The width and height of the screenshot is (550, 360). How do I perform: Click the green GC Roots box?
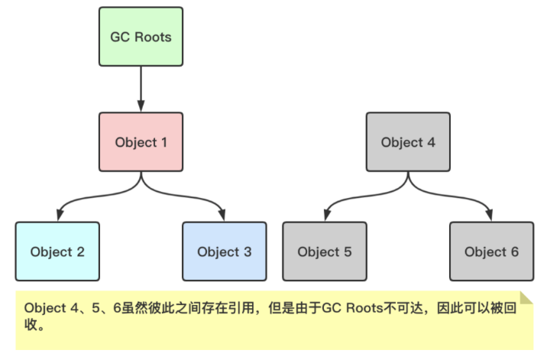pos(141,37)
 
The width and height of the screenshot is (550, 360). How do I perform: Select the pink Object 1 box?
pos(141,142)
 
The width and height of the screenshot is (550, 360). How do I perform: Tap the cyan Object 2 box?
pos(57,251)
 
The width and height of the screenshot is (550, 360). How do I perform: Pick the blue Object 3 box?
pos(224,251)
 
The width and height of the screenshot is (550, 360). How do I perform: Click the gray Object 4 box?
pos(408,142)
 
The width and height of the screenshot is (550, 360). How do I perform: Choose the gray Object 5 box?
pos(325,251)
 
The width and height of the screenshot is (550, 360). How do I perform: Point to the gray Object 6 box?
pos(491,251)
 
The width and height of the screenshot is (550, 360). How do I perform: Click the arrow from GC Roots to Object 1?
pos(141,89)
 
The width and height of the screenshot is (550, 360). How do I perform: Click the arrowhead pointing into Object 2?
pos(58,216)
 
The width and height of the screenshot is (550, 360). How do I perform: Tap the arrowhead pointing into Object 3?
pos(224,216)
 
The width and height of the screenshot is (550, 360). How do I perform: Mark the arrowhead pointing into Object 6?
pos(491,216)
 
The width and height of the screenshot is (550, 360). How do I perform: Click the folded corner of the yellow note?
pos(526,297)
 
